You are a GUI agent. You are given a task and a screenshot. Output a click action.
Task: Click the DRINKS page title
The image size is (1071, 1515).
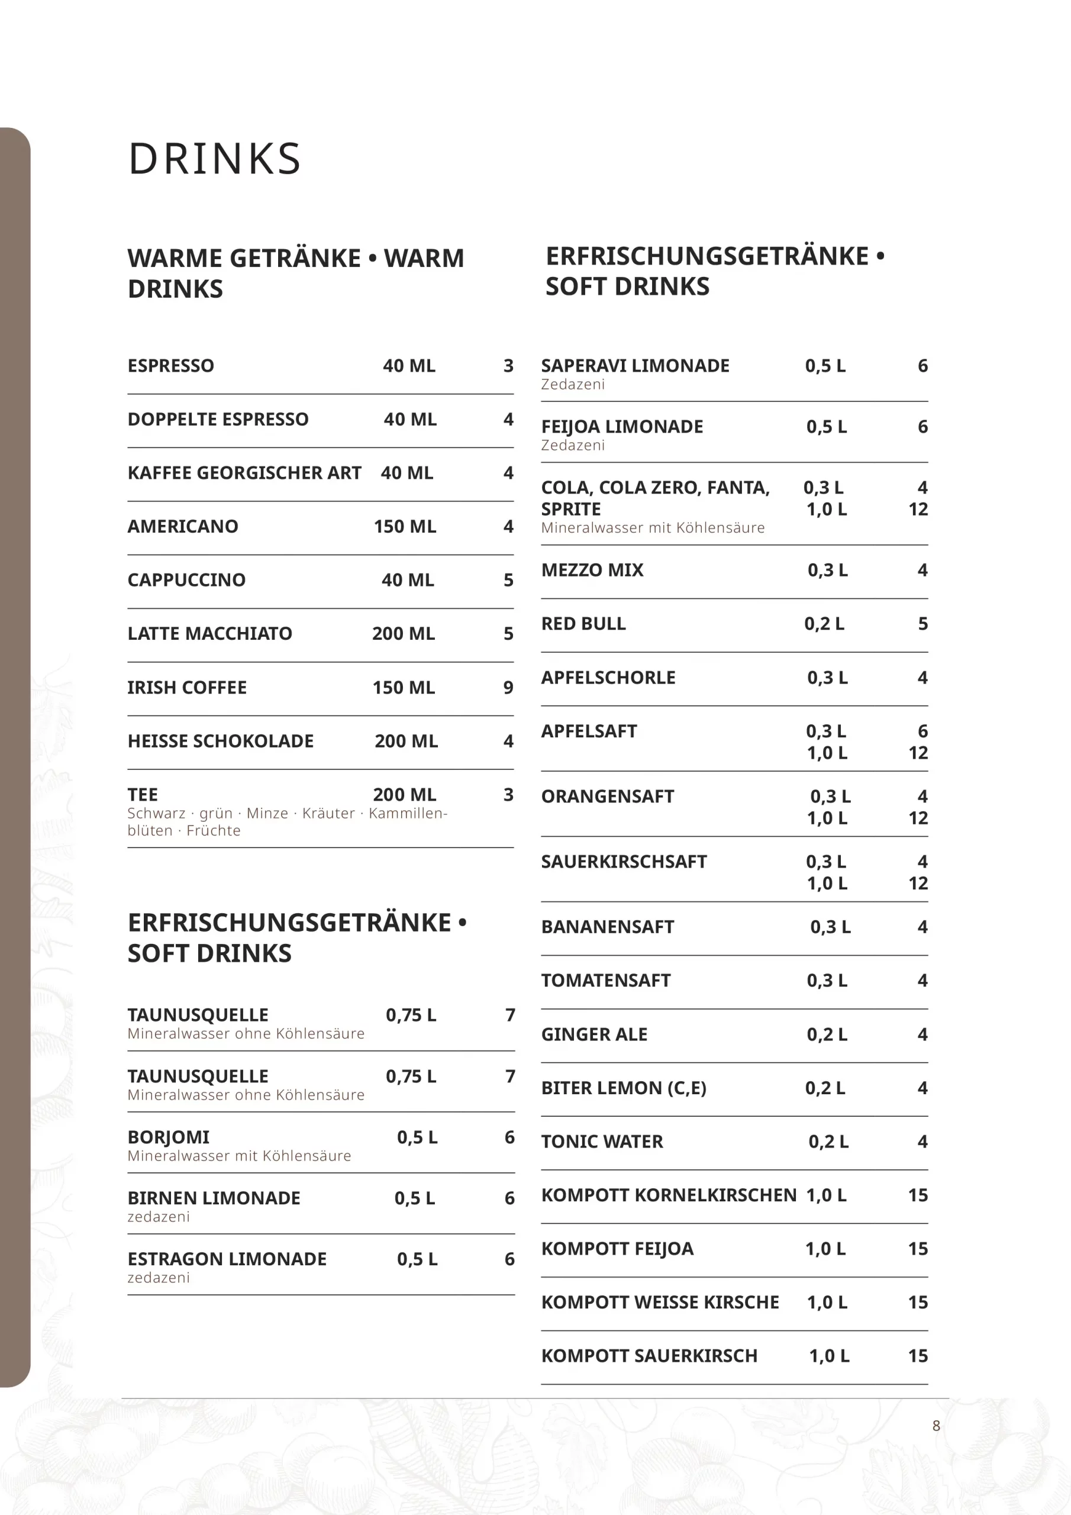tap(214, 159)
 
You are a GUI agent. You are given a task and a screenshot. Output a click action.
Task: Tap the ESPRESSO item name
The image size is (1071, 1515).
tap(171, 366)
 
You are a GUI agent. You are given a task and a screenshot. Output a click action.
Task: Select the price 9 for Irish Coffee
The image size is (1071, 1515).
tap(508, 688)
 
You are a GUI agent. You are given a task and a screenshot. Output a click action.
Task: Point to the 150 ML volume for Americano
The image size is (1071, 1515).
tap(405, 527)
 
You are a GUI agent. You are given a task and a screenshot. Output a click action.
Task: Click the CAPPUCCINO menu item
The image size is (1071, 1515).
tap(186, 580)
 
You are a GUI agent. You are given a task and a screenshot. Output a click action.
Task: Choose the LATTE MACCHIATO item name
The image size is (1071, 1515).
tap(210, 633)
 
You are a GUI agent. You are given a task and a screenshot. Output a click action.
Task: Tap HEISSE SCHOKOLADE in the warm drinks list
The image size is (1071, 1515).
tap(220, 741)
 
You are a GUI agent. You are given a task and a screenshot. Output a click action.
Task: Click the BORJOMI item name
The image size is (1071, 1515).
tap(168, 1137)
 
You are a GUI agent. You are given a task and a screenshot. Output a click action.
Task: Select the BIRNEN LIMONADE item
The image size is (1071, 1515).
tap(214, 1198)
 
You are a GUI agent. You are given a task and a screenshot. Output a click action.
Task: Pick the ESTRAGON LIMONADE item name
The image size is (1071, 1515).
tap(227, 1259)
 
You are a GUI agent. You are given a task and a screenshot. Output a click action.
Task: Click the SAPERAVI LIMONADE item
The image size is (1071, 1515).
tap(635, 366)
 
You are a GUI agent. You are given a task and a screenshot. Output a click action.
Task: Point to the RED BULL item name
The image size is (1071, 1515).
tap(583, 624)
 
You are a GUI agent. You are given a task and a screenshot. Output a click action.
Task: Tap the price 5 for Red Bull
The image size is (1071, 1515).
tap(922, 624)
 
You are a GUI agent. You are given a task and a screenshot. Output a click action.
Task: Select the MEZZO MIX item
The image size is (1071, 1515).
tap(592, 570)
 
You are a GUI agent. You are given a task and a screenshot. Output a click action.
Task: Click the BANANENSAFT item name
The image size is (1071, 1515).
tap(607, 927)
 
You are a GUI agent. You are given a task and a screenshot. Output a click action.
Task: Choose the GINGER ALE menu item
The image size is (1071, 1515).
tap(594, 1034)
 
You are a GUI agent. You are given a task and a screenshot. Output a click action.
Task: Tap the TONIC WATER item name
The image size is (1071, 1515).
tap(602, 1142)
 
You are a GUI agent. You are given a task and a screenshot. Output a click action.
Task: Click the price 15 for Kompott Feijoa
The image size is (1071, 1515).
tap(917, 1249)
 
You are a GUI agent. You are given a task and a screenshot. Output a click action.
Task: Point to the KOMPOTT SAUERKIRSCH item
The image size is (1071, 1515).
tap(649, 1356)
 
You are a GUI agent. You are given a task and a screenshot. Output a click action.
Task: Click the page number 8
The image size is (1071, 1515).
tap(935, 1426)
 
